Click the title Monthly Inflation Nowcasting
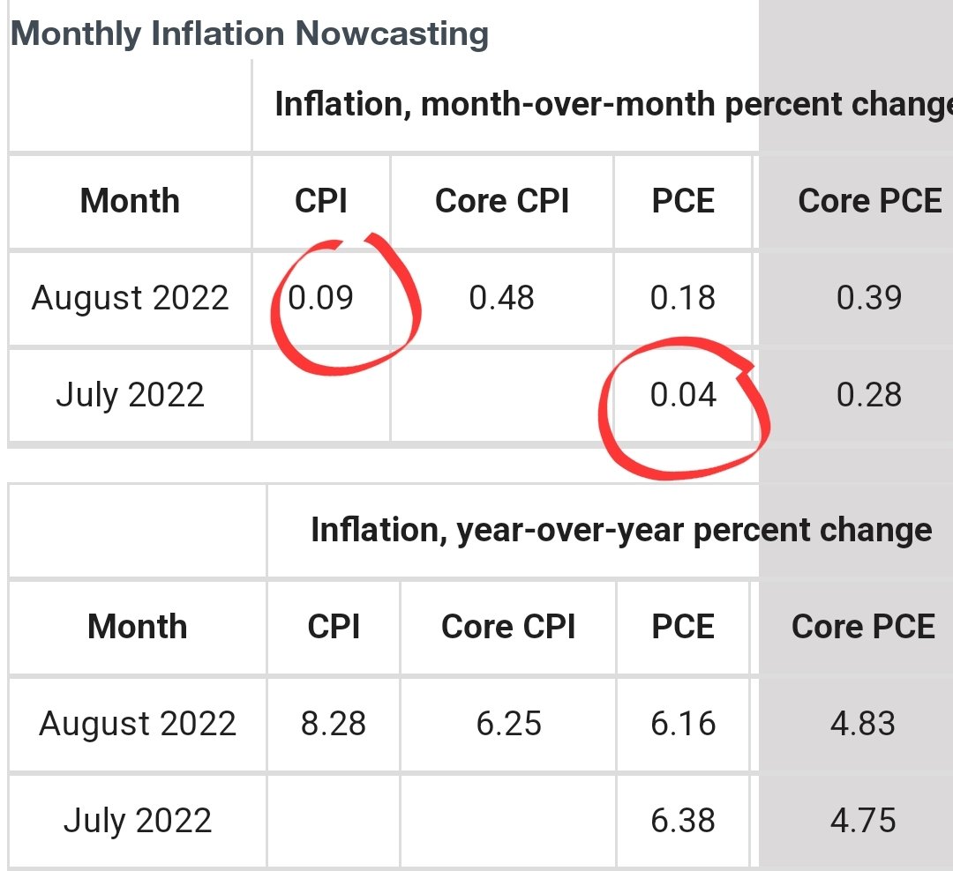tap(249, 34)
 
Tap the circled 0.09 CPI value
tap(321, 298)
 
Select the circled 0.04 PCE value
tap(683, 394)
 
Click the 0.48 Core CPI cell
tap(501, 298)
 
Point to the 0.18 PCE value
tap(683, 298)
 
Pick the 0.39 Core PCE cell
tap(869, 298)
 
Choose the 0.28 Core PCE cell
tap(869, 394)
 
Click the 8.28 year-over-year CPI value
tap(334, 725)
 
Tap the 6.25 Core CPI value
tap(509, 725)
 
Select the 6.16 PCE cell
tap(683, 725)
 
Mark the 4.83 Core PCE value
tap(862, 725)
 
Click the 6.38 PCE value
tap(683, 821)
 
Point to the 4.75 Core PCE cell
tap(862, 821)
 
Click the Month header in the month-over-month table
tap(130, 202)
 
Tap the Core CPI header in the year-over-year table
tap(508, 627)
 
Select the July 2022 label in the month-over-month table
tap(130, 394)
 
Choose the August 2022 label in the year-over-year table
tap(138, 725)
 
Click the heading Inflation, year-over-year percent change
tap(621, 530)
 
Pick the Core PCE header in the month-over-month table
tap(870, 202)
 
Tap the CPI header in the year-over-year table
tap(334, 627)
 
